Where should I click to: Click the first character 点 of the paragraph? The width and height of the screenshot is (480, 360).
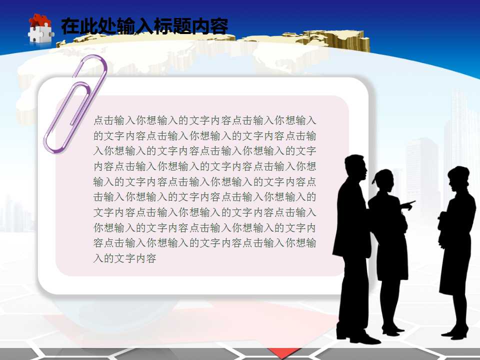[99, 120]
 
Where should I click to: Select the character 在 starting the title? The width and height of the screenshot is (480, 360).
[70, 26]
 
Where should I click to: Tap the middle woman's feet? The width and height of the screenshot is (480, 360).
[392, 330]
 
